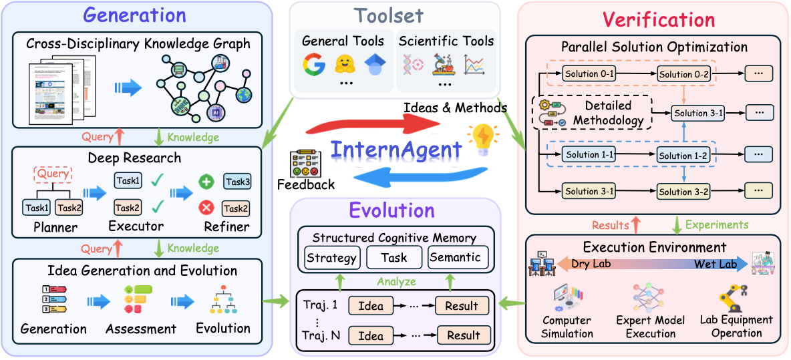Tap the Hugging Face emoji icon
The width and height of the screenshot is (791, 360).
[x=343, y=65]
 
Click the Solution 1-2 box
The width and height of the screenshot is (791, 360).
[x=683, y=156]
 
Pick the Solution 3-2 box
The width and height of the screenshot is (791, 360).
[x=683, y=192]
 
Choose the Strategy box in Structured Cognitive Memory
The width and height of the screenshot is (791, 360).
[x=331, y=257]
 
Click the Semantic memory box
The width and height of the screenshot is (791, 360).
[x=454, y=257]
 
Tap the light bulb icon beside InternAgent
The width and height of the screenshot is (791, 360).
[x=483, y=138]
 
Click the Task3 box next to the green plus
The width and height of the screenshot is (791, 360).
[x=238, y=182]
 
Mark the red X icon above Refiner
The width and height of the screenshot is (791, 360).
[x=207, y=208]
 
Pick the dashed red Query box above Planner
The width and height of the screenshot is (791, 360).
[x=52, y=175]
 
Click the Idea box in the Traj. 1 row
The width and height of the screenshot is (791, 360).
[x=371, y=306]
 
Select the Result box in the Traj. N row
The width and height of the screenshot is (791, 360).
[x=463, y=335]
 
